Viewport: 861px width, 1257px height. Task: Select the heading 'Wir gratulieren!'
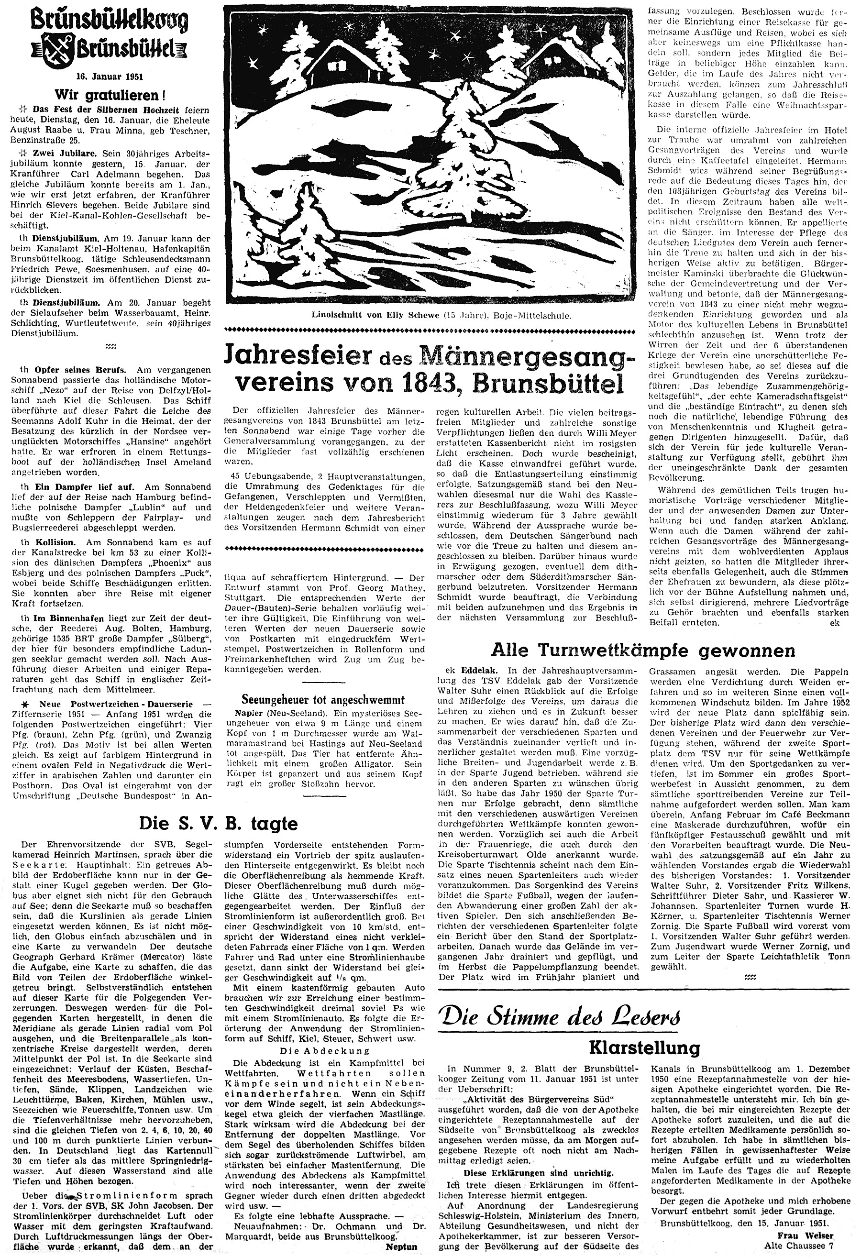[x=108, y=95]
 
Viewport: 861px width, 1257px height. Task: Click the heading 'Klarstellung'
[x=644, y=1047]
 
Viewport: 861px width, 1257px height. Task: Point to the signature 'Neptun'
[x=401, y=1246]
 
